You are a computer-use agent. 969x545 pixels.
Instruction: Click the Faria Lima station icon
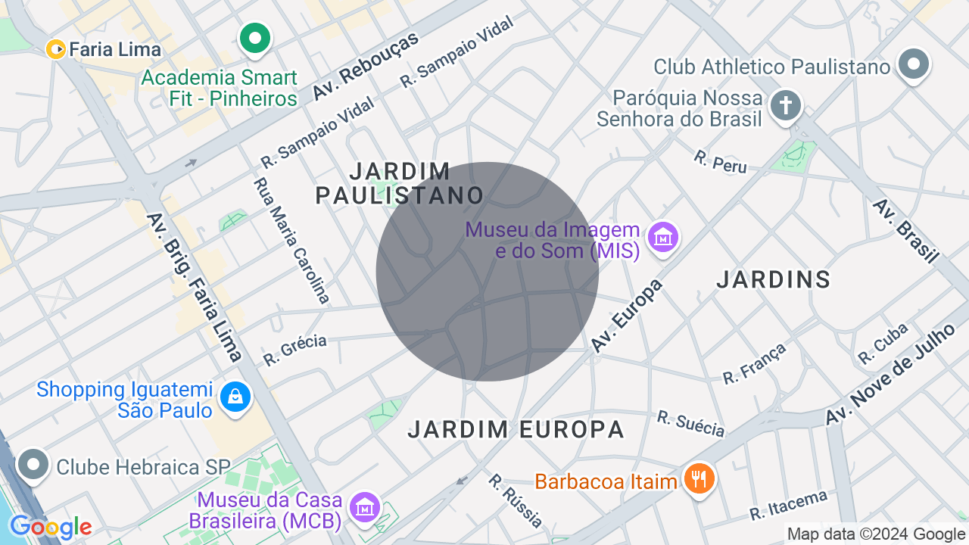point(56,49)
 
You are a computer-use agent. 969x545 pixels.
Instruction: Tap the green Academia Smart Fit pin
point(255,38)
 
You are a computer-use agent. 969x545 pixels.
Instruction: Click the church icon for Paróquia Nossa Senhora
point(786,106)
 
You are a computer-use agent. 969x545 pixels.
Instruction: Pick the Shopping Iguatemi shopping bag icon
point(235,397)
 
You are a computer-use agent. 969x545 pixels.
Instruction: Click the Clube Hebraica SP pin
point(34,465)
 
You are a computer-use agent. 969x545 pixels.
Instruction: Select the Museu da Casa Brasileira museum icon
point(366,506)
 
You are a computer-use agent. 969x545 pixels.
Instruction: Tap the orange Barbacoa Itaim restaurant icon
point(699,479)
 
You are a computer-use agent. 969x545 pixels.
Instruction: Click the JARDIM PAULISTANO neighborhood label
point(399,183)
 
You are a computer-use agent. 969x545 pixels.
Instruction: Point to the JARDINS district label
point(774,280)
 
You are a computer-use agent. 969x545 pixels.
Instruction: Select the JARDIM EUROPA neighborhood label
point(516,430)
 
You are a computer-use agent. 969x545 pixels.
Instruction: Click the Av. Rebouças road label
point(366,67)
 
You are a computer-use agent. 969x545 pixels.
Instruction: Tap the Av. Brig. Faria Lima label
point(195,287)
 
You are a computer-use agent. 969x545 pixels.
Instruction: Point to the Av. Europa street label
point(627,316)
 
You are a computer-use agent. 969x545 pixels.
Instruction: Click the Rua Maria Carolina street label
point(292,241)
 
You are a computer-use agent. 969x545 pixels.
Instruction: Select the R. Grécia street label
point(294,350)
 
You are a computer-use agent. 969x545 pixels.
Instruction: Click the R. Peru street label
point(720,162)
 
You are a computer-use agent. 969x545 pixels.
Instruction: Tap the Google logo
point(51,527)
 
